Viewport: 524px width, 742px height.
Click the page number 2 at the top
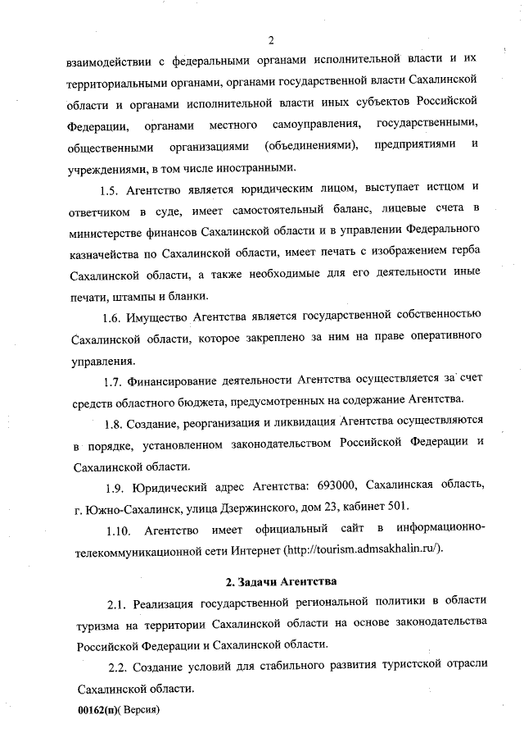click(270, 39)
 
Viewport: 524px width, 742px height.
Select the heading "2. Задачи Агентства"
click(281, 583)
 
